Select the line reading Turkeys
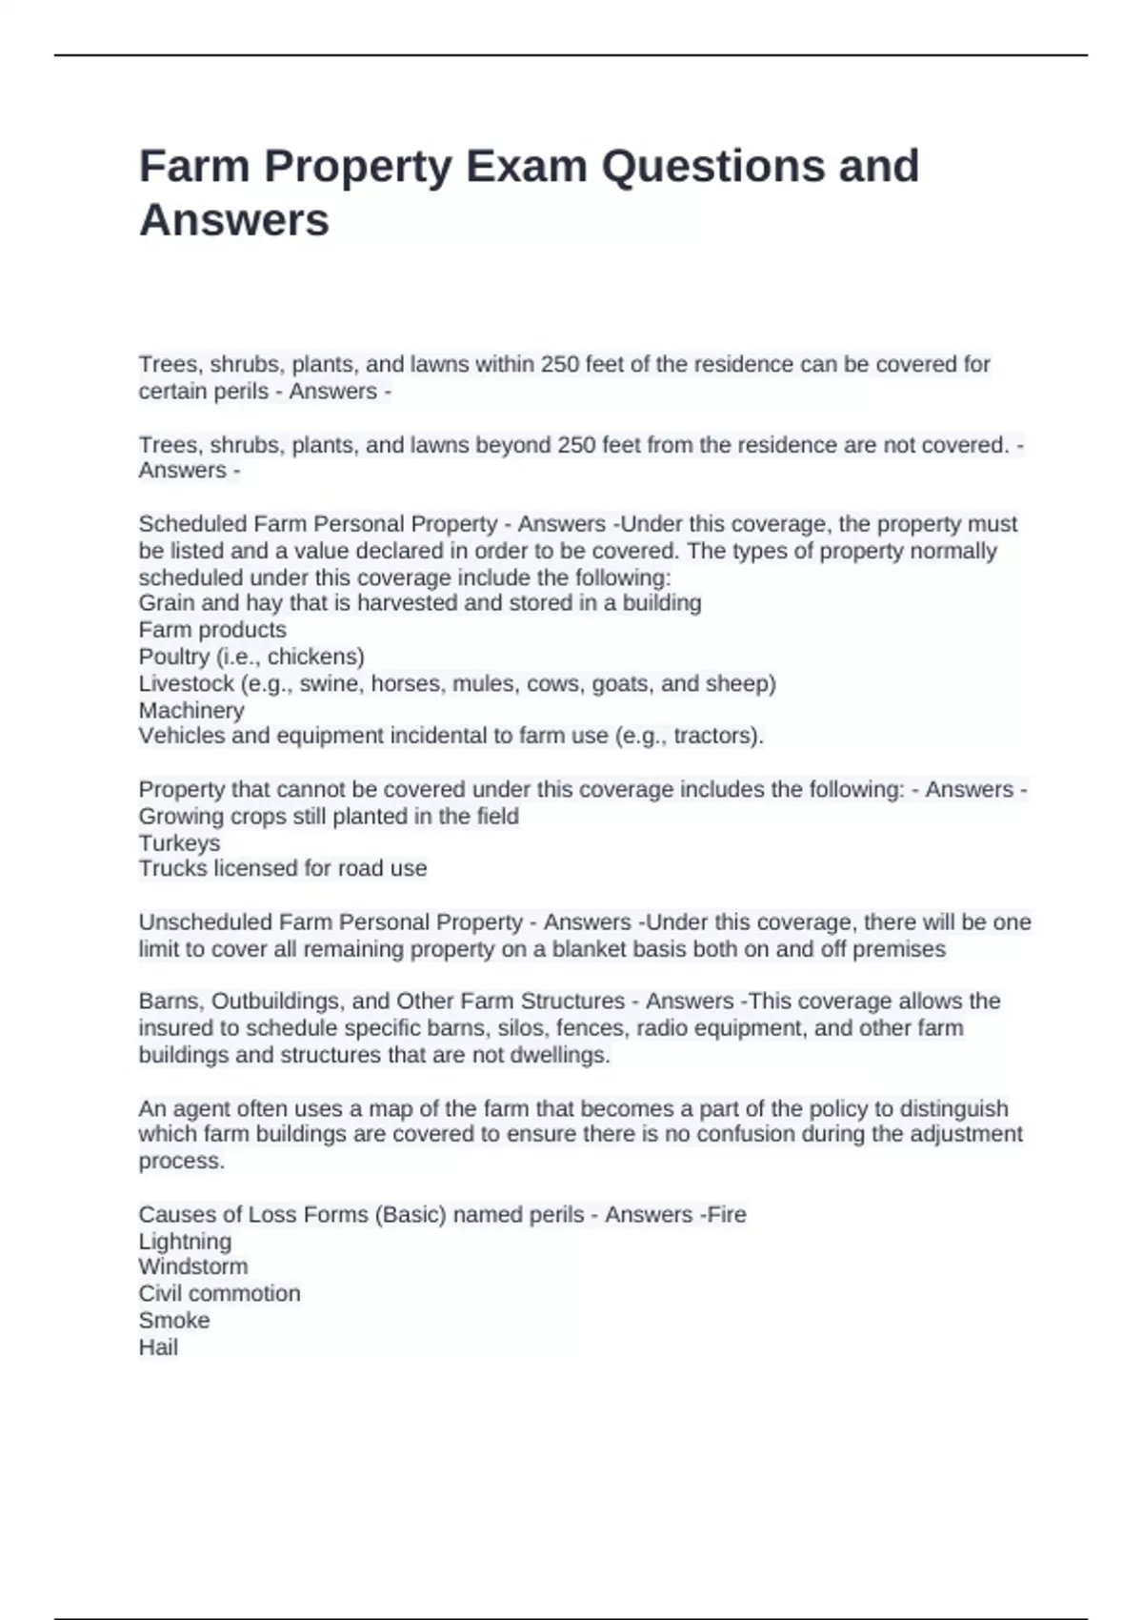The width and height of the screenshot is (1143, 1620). pyautogui.click(x=179, y=843)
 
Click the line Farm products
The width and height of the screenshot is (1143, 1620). pyautogui.click(x=212, y=630)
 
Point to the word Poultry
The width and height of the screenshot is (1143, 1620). pyautogui.click(x=174, y=657)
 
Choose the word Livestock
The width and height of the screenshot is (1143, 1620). pyautogui.click(x=186, y=683)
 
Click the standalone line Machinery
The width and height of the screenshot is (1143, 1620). pyautogui.click(x=191, y=710)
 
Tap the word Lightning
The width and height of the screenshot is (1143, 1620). pyautogui.click(x=185, y=1242)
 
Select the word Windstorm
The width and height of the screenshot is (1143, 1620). pyautogui.click(x=193, y=1266)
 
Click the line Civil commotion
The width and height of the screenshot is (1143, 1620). pyautogui.click(x=219, y=1293)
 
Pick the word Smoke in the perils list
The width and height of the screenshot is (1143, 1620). pyautogui.click(x=174, y=1320)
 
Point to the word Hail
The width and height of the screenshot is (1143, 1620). pyautogui.click(x=158, y=1347)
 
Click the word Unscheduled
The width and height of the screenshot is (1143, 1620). pyautogui.click(x=206, y=922)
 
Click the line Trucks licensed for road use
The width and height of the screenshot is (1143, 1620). pyautogui.click(x=283, y=868)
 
